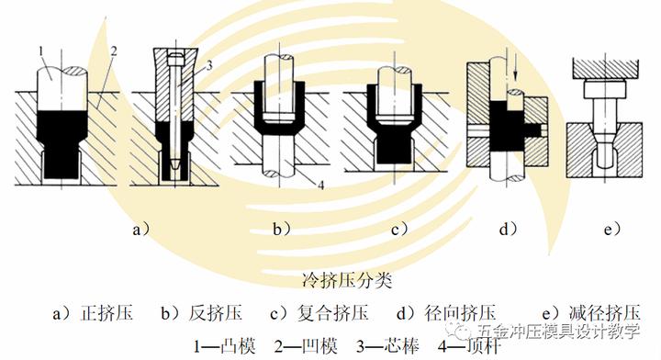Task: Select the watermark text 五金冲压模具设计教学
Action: click(x=556, y=330)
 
